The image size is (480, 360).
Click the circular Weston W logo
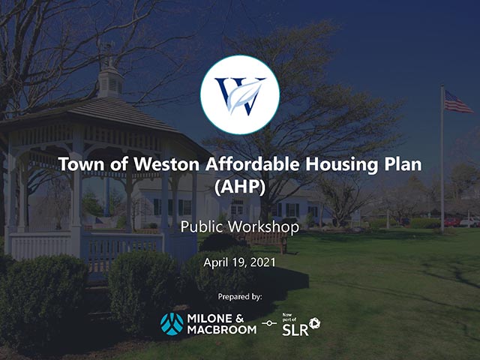click(x=240, y=94)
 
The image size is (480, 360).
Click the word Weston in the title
click(x=166, y=164)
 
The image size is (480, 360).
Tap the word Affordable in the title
click(x=252, y=163)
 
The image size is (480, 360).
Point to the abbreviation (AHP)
click(x=240, y=186)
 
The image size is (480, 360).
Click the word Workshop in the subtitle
click(x=264, y=226)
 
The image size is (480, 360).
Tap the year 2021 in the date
click(x=262, y=262)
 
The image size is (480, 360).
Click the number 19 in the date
click(x=238, y=262)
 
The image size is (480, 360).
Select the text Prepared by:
click(x=240, y=297)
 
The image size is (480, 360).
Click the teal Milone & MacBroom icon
click(x=172, y=324)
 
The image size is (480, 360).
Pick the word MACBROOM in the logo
click(x=222, y=330)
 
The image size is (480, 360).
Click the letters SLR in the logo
click(x=295, y=330)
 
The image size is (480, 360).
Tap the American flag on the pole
click(x=457, y=102)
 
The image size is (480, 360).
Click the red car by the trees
click(x=451, y=222)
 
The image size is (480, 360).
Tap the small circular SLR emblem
click(x=314, y=323)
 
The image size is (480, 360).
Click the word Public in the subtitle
click(x=202, y=226)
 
